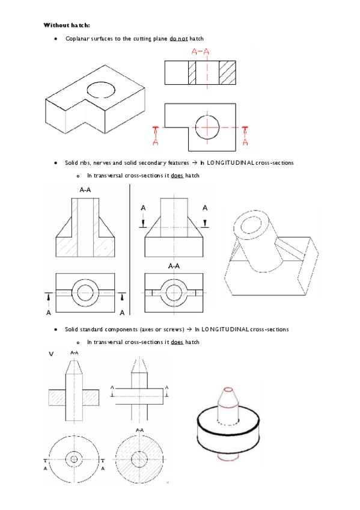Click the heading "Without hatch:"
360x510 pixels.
pos(67,25)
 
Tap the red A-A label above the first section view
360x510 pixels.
pos(200,51)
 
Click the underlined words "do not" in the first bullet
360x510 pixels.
pos(178,38)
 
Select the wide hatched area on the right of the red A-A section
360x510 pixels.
pos(227,73)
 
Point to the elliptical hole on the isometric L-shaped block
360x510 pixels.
pos(101,90)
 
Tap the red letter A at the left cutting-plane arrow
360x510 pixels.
pos(155,142)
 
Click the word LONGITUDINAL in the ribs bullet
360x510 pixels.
pos(230,162)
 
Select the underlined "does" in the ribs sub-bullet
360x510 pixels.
pos(177,176)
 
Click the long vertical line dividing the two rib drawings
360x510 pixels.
pos(130,250)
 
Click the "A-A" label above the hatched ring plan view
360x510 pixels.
pos(174,266)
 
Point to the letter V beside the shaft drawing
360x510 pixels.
pos(51,354)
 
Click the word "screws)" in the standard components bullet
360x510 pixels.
pos(174,330)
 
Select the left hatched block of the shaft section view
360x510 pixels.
pos(57,398)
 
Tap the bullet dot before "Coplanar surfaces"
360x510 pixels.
pos(56,38)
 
